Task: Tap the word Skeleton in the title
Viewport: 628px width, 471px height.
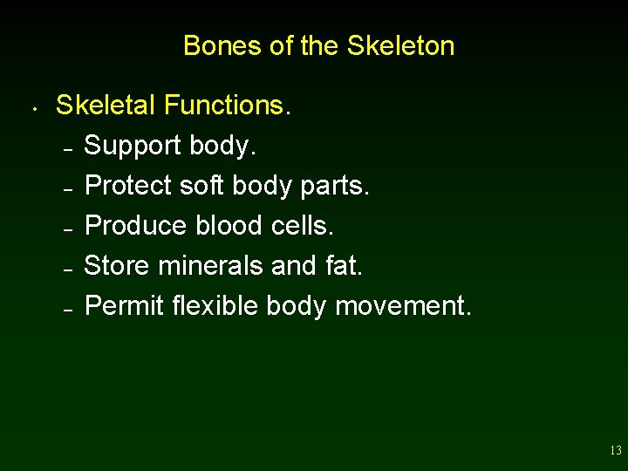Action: [x=400, y=45]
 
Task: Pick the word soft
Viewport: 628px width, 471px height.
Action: [x=200, y=186]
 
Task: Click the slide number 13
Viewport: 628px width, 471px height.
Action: [x=616, y=451]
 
